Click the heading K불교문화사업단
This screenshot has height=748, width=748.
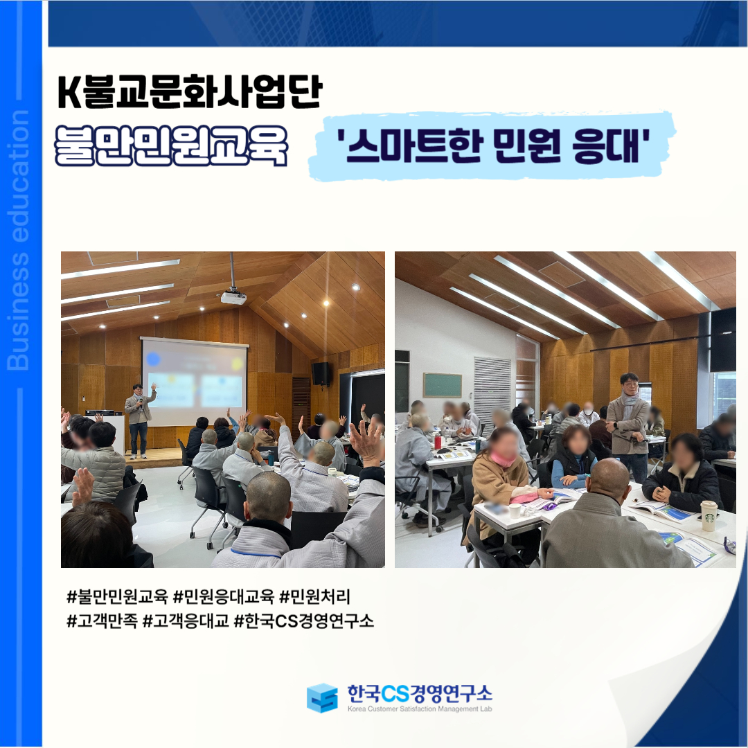[190, 91]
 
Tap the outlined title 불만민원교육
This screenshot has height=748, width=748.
[172, 145]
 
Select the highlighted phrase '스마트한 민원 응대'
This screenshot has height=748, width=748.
[492, 145]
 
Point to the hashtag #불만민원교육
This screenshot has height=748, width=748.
[117, 596]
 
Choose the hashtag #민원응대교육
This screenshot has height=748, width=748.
[224, 596]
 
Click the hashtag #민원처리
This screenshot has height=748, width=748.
[315, 596]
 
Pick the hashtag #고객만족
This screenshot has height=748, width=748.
[103, 621]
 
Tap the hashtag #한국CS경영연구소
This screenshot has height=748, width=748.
[304, 621]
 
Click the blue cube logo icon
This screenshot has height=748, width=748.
[323, 697]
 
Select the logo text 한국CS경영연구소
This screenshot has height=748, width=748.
[419, 693]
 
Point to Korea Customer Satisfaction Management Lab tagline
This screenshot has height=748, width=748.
[419, 709]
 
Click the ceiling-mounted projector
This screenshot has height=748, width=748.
[233, 296]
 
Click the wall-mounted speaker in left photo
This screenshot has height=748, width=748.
[321, 374]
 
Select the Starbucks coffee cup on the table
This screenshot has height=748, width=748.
[709, 515]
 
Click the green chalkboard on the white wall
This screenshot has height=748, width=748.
[442, 385]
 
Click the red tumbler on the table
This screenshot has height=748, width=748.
[438, 441]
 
